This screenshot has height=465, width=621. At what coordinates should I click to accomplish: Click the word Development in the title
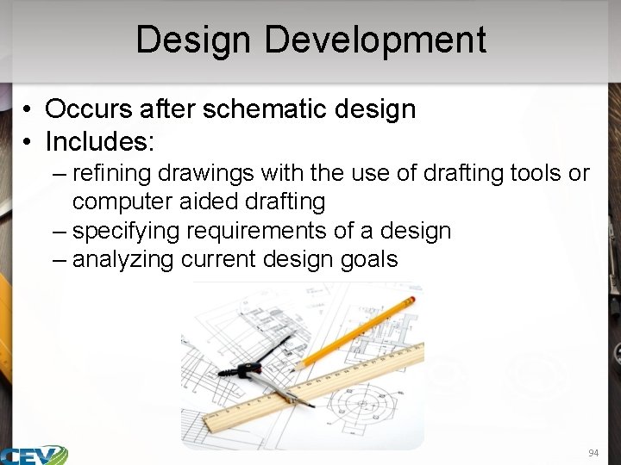[375, 40]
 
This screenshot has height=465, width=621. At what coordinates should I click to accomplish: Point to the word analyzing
[123, 259]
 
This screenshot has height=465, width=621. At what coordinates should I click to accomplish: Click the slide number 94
[593, 453]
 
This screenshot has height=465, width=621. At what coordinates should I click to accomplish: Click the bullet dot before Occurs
[28, 110]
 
